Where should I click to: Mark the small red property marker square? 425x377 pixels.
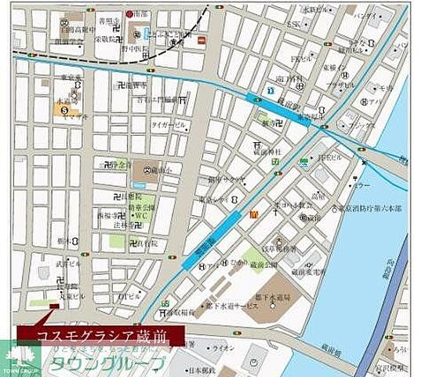53,307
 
